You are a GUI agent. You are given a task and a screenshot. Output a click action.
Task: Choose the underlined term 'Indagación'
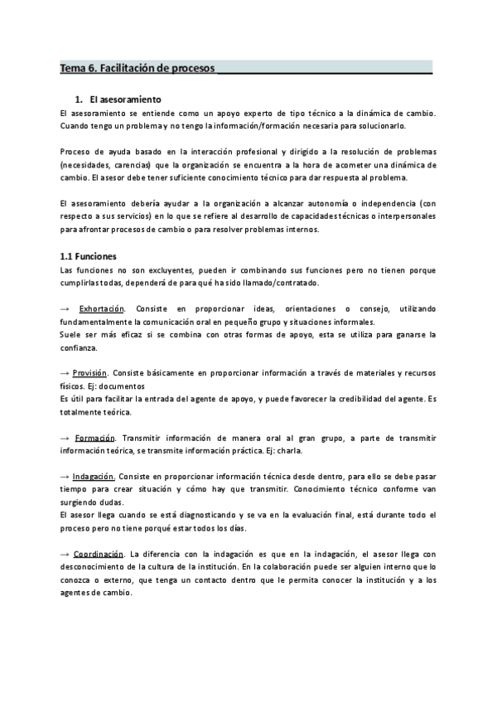tap(94, 477)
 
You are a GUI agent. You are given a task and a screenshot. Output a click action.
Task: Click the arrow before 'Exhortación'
tap(65, 308)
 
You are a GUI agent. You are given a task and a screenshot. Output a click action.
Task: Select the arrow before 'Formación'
tap(65, 437)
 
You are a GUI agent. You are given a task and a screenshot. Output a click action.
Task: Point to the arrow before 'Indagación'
tap(65, 477)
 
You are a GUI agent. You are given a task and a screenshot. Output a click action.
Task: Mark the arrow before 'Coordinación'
tap(65, 554)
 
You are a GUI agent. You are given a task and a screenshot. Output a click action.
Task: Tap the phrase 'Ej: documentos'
tap(116, 385)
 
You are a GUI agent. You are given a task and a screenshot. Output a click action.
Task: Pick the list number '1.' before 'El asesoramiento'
tap(79, 99)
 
